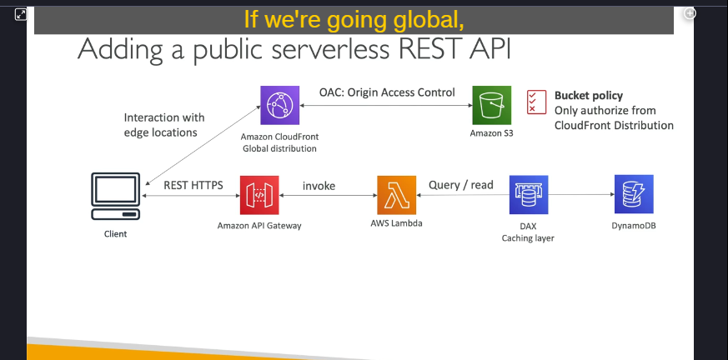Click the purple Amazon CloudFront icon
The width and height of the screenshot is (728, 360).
click(x=280, y=105)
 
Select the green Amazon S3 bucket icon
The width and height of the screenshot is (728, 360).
click(x=492, y=105)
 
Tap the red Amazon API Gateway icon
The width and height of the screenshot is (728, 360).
click(x=259, y=195)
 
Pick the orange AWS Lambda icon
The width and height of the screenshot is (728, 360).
click(x=396, y=195)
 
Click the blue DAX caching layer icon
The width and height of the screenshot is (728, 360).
click(x=529, y=195)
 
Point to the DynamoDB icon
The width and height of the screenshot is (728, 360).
click(x=634, y=194)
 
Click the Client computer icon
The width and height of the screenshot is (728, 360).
click(x=116, y=196)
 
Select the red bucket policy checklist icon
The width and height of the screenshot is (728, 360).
click(x=537, y=102)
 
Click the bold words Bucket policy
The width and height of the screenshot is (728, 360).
click(x=589, y=96)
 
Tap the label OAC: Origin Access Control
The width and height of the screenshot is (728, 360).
click(x=387, y=92)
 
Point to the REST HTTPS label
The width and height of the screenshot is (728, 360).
click(x=193, y=185)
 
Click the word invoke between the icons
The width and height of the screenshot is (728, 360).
click(x=319, y=186)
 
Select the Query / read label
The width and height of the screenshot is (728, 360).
click(x=460, y=185)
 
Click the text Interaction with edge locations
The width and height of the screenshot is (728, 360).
click(x=164, y=125)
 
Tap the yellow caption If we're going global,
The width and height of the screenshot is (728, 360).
click(x=354, y=19)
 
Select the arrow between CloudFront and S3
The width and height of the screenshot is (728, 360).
click(x=386, y=105)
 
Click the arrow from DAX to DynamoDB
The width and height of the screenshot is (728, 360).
click(x=581, y=195)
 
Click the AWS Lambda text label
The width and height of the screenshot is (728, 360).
click(x=396, y=223)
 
